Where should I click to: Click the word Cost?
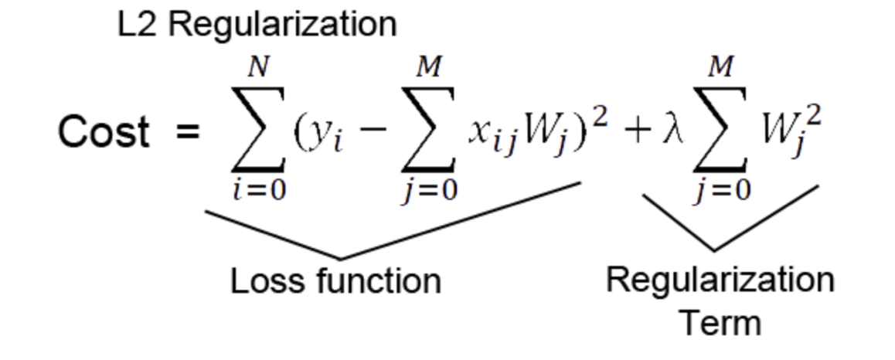(x=104, y=132)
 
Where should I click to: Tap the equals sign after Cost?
(x=188, y=132)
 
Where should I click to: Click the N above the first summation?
(x=258, y=70)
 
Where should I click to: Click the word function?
(x=378, y=280)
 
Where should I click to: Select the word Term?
(x=720, y=321)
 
